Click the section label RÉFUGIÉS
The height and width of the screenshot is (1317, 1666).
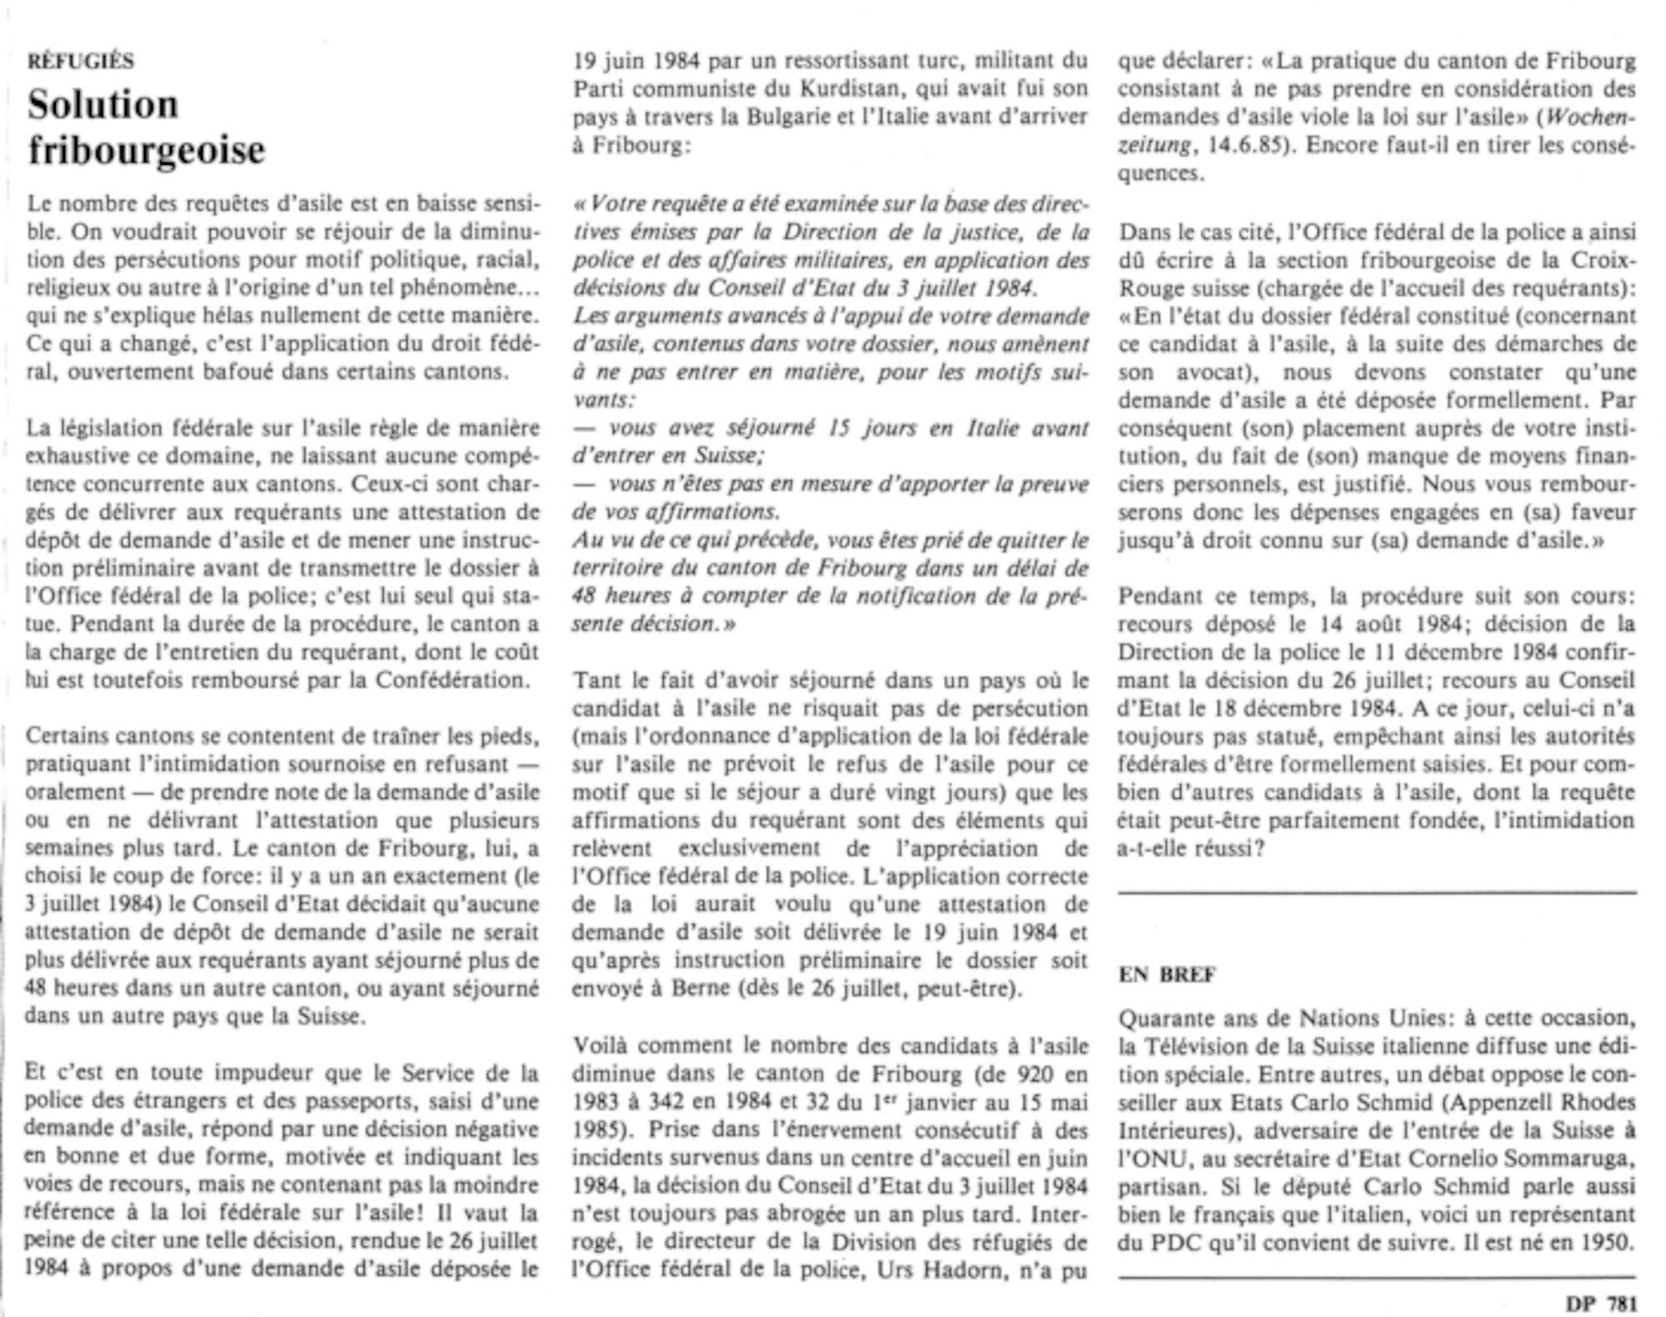tap(81, 61)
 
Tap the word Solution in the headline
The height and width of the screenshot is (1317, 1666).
tap(103, 105)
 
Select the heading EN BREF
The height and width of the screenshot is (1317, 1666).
tap(1167, 974)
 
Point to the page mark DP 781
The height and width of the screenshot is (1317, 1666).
tap(1601, 1303)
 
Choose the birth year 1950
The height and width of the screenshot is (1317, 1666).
tap(1604, 1242)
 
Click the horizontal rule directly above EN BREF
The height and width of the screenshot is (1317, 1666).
tap(1377, 893)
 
